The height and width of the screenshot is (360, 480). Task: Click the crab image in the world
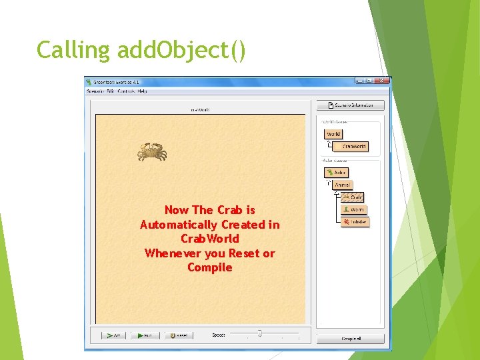pos(152,152)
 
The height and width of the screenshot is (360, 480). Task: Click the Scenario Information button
pos(350,105)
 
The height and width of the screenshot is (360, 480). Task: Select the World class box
pos(333,134)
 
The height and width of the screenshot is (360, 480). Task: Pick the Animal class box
pos(341,185)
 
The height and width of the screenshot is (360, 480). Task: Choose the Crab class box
pos(354,197)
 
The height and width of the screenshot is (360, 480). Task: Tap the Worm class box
pos(355,209)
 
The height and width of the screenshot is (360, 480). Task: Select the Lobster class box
pos(355,221)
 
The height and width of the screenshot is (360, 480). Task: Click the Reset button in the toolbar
pos(178,335)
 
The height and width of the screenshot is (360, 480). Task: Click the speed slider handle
pos(259,333)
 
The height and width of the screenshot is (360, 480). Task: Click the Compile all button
pos(351,339)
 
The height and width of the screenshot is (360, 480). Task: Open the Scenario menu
pos(95,91)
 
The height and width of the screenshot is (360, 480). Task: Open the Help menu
pos(142,91)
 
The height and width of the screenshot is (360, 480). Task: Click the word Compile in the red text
pos(210,267)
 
